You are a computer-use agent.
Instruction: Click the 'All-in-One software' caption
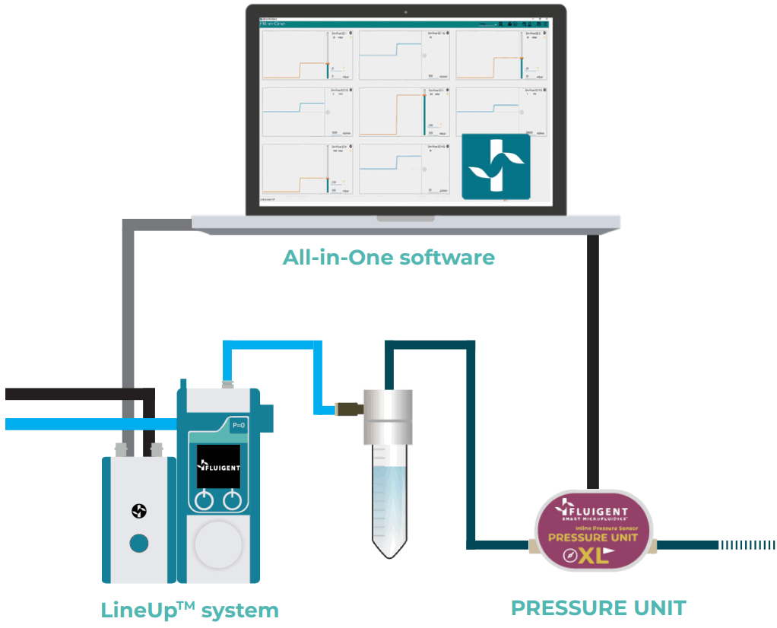click(388, 257)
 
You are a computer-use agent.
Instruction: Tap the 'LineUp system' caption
click(189, 609)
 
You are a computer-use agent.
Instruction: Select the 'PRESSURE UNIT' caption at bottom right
click(598, 607)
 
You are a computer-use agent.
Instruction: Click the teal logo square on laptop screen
click(496, 167)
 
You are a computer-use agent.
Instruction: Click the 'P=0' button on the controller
click(238, 427)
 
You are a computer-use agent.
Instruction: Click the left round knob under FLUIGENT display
click(203, 500)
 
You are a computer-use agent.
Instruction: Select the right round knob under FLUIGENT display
click(233, 500)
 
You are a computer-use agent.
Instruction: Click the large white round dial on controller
click(218, 547)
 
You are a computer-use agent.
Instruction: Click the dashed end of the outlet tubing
click(749, 544)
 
